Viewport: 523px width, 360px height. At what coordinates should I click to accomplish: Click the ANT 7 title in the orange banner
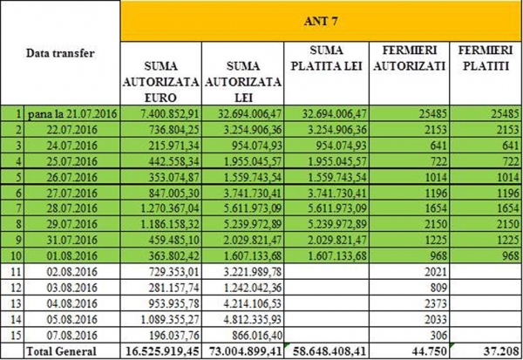tap(321, 21)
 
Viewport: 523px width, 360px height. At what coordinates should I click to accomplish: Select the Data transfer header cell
tap(60, 53)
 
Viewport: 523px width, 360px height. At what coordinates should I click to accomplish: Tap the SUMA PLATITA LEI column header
tap(326, 58)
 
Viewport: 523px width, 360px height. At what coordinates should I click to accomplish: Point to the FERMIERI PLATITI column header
tap(486, 58)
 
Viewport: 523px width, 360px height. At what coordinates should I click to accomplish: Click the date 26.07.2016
tap(72, 177)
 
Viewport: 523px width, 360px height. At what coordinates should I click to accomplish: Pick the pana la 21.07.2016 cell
tap(72, 114)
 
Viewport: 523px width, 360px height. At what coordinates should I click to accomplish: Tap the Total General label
tap(61, 351)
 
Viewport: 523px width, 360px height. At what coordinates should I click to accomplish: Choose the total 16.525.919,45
tap(162, 351)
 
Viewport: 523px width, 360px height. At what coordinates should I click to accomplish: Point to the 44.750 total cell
tap(428, 351)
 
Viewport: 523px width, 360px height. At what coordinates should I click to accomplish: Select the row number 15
tap(16, 335)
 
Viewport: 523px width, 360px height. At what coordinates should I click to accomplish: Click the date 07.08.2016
tap(72, 335)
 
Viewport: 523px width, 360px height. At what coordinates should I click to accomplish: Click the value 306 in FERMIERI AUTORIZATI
tap(438, 335)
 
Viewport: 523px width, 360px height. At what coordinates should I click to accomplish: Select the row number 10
tap(16, 256)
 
